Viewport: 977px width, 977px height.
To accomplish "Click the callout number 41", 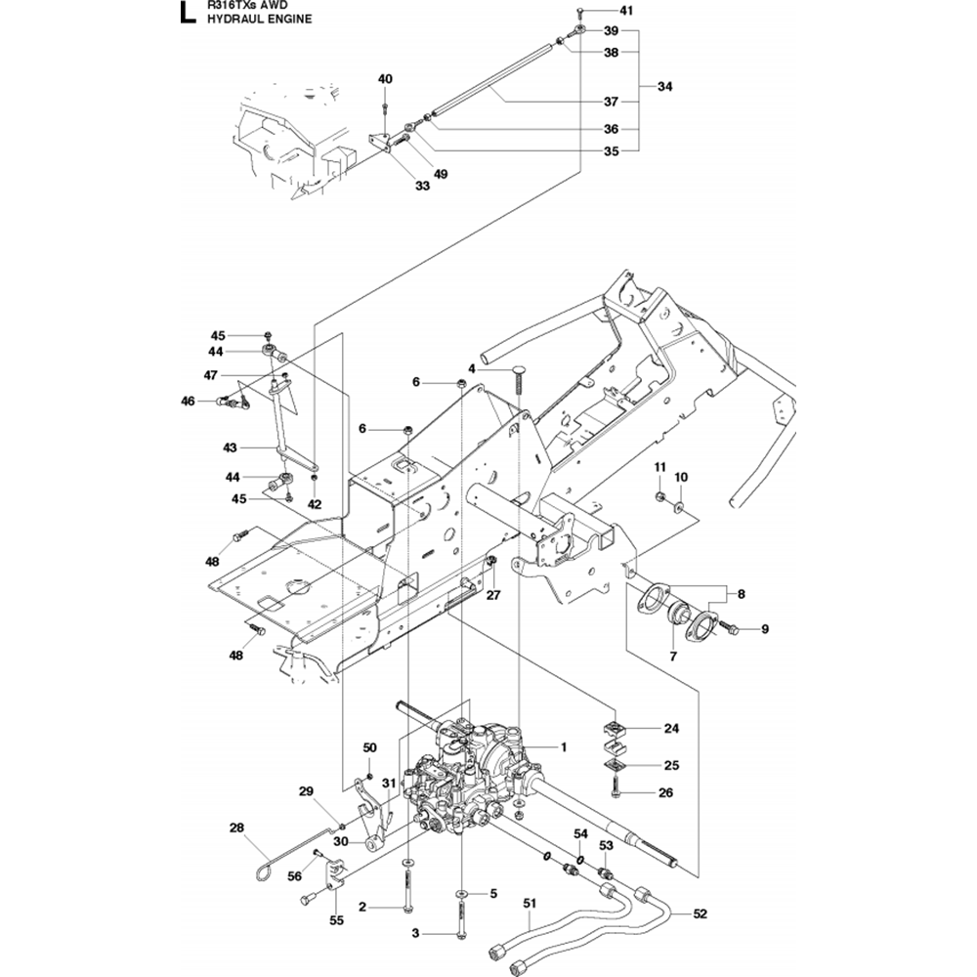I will pos(626,11).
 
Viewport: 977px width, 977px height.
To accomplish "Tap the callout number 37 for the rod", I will pos(611,102).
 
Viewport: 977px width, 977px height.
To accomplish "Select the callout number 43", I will pos(231,447).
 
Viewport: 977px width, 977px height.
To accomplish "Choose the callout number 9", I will pos(765,629).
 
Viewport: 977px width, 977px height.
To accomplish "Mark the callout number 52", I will pos(700,914).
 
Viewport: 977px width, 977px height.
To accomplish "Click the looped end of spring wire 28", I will pos(264,867).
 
